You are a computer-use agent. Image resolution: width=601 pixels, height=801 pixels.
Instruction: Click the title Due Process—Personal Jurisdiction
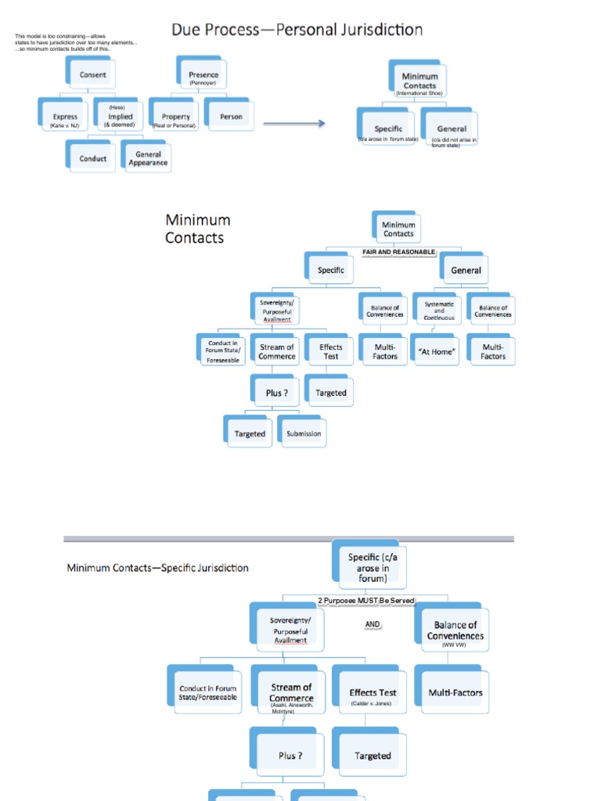pos(297,31)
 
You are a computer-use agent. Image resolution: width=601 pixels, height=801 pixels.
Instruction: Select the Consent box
pos(92,75)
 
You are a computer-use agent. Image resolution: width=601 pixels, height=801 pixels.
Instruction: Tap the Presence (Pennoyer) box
pos(203,77)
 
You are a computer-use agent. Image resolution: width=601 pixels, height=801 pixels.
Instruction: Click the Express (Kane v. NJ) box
pos(65,119)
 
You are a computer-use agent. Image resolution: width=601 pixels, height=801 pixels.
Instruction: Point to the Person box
pos(231,117)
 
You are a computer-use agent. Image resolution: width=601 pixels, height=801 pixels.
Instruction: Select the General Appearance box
pos(148,159)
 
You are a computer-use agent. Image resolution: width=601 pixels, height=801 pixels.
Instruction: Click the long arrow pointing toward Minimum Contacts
pos(294,124)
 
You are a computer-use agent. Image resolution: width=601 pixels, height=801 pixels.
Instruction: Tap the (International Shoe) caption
pos(419,93)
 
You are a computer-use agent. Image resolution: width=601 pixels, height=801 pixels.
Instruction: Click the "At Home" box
pos(437,352)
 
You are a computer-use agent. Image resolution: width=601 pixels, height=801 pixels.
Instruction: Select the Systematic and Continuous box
pos(438,311)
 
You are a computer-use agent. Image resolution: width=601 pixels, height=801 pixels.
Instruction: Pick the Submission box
pos(303,433)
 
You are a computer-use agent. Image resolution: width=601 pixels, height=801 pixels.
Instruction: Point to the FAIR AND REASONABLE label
pos(398,252)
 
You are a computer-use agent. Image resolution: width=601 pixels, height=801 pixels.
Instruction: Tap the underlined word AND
pos(372,624)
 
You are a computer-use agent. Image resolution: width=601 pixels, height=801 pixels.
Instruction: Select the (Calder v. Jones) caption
pos(372,703)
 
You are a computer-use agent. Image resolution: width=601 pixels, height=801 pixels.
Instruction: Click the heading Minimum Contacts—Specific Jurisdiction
pos(157,568)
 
